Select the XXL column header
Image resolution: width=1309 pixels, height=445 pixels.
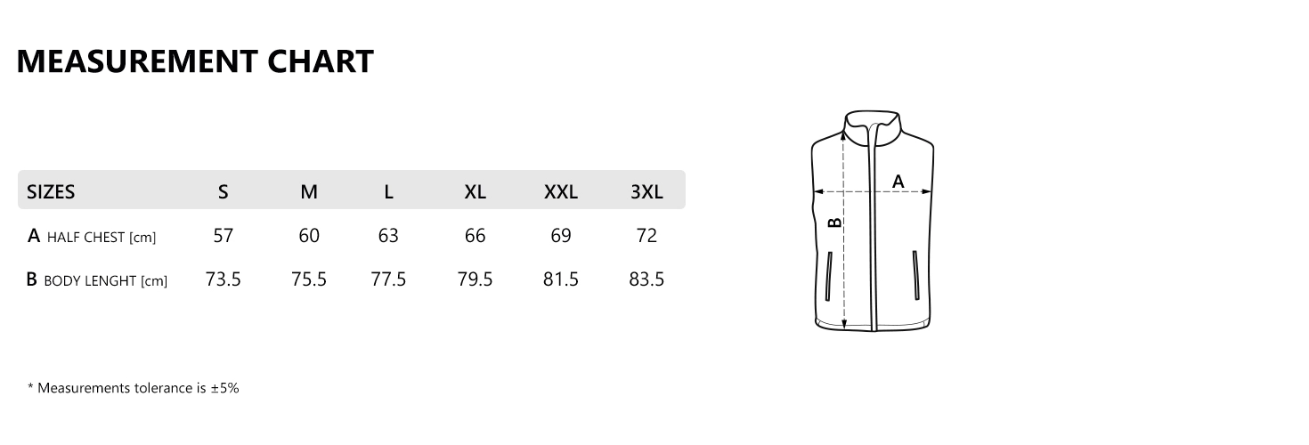pyautogui.click(x=561, y=191)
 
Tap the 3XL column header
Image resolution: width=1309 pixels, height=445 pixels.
pyautogui.click(x=646, y=191)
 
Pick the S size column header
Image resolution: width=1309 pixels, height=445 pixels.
pyautogui.click(x=224, y=191)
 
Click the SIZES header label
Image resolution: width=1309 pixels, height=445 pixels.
pyautogui.click(x=51, y=191)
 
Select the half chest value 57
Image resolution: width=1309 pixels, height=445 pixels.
pyautogui.click(x=224, y=235)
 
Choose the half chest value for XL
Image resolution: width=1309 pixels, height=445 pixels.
pyautogui.click(x=476, y=235)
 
